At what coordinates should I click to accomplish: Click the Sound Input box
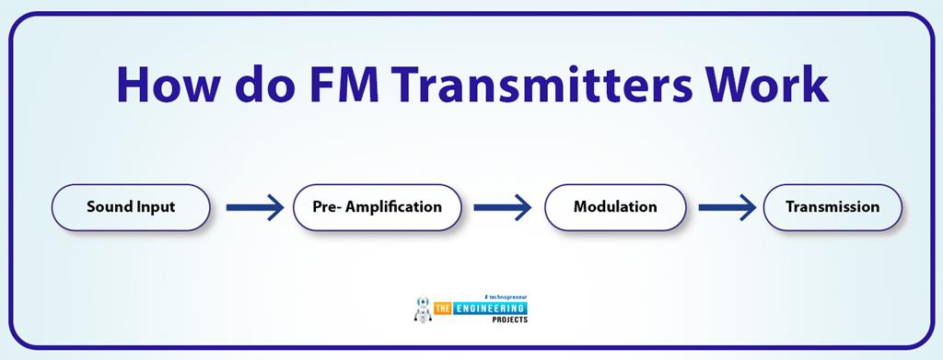coord(131,207)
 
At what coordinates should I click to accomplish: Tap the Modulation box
coord(615,207)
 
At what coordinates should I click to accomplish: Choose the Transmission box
coord(832,207)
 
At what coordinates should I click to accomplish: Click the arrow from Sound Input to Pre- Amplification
coord(254,207)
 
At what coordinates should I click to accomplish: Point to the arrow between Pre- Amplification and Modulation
coord(502,207)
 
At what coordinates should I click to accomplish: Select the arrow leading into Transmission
coord(728,207)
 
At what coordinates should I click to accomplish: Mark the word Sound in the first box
coord(110,207)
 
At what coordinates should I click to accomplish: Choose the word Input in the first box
coord(155,207)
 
